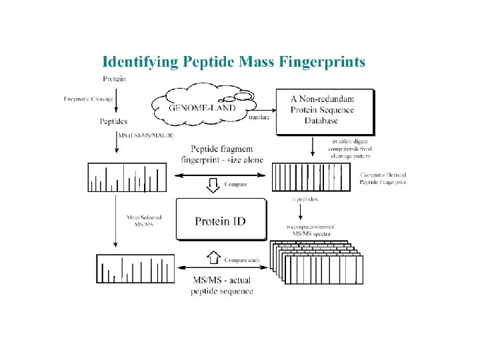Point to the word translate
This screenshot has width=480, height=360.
pos(259,118)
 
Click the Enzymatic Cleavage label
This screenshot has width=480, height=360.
pos(89,99)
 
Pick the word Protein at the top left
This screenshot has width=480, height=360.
pos(115,79)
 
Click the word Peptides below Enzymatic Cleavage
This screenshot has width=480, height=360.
pos(113,121)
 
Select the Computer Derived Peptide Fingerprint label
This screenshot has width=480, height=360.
pos(383,178)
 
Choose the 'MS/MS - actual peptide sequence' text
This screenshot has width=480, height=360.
pos(221,285)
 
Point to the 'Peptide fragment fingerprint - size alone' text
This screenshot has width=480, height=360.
pos(222,154)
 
